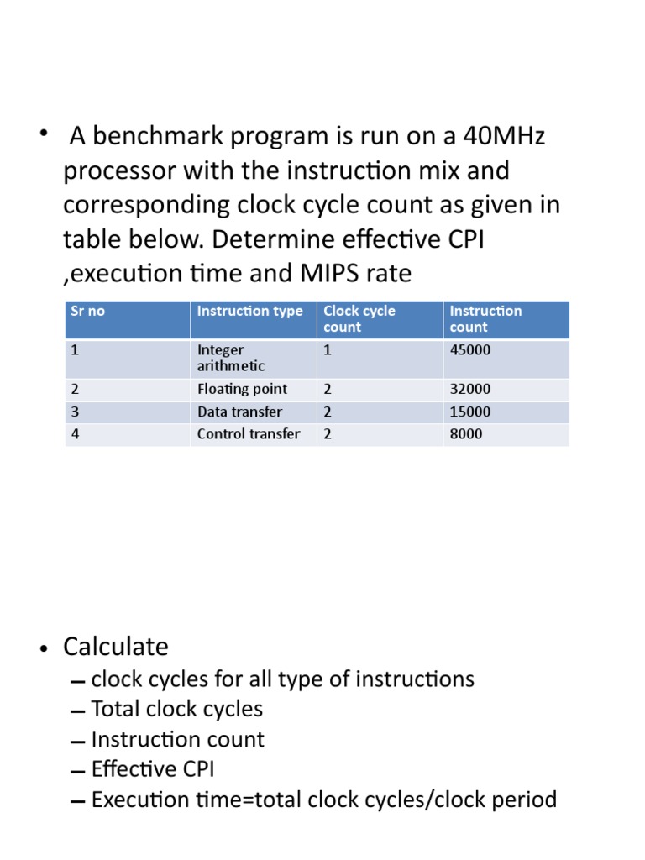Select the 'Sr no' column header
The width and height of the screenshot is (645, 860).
tap(87, 311)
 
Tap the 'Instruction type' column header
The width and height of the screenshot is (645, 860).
tap(249, 311)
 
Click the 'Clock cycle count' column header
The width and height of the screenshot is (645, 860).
tap(359, 319)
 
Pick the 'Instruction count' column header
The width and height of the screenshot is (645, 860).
tap(485, 319)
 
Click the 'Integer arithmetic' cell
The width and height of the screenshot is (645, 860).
tap(231, 358)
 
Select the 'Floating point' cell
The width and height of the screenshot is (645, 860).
tap(242, 389)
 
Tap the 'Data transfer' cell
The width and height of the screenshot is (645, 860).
tap(239, 412)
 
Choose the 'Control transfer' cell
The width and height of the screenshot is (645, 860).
tap(248, 434)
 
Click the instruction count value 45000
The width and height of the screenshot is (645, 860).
tap(470, 350)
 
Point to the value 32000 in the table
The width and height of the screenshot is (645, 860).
tap(470, 389)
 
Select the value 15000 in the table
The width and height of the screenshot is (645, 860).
tap(470, 412)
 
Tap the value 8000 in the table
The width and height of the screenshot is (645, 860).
tap(466, 434)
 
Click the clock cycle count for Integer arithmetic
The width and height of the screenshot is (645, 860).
tap(328, 350)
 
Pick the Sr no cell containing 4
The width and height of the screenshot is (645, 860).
tap(75, 434)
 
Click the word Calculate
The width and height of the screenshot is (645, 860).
tap(116, 647)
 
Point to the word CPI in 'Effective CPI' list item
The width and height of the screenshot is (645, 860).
tap(202, 769)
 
